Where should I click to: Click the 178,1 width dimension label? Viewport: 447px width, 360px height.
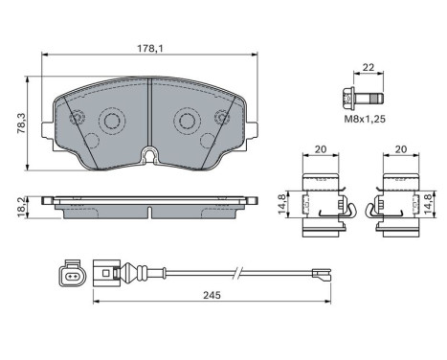(150, 49)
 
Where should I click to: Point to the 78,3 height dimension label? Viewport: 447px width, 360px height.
(22, 124)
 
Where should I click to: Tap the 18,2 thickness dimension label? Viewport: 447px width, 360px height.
(22, 208)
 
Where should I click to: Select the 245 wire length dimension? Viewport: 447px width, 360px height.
(212, 295)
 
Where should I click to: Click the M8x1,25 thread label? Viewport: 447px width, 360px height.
(365, 119)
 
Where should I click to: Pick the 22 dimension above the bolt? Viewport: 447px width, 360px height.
(369, 67)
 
